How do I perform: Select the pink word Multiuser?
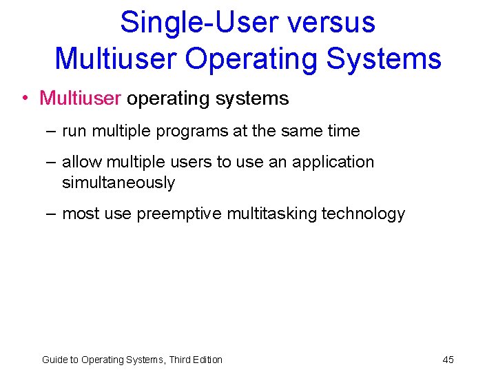point(81,99)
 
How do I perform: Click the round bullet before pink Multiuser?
point(24,99)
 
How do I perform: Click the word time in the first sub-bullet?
point(344,131)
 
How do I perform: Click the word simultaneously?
point(118,183)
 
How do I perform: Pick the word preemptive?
point(175,214)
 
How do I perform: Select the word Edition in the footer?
point(205,360)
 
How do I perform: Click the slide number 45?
point(448,360)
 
